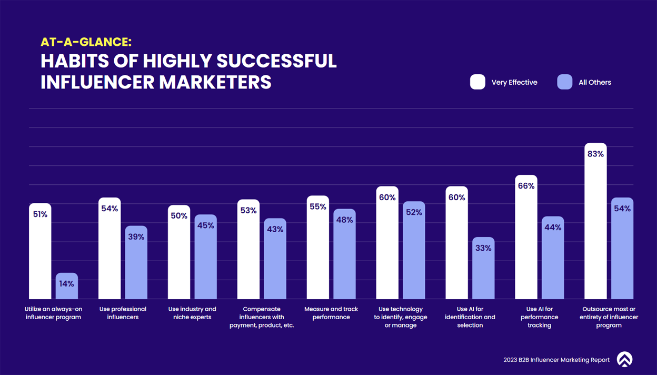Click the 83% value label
pyautogui.click(x=595, y=154)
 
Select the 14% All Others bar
pyautogui.click(x=67, y=287)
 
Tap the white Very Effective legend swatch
pyautogui.click(x=477, y=82)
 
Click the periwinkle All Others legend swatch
pyautogui.click(x=564, y=82)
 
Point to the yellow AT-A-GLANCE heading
pyautogui.click(x=86, y=43)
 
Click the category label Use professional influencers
pyautogui.click(x=123, y=313)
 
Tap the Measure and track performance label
pyautogui.click(x=331, y=313)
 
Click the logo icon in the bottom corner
pyautogui.click(x=624, y=359)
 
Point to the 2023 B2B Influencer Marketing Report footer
pyautogui.click(x=556, y=360)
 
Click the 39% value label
pyautogui.click(x=136, y=237)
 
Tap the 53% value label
pyautogui.click(x=248, y=211)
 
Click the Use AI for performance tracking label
pyautogui.click(x=540, y=317)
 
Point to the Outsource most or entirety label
pyautogui.click(x=609, y=317)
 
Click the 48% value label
pyautogui.click(x=344, y=220)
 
